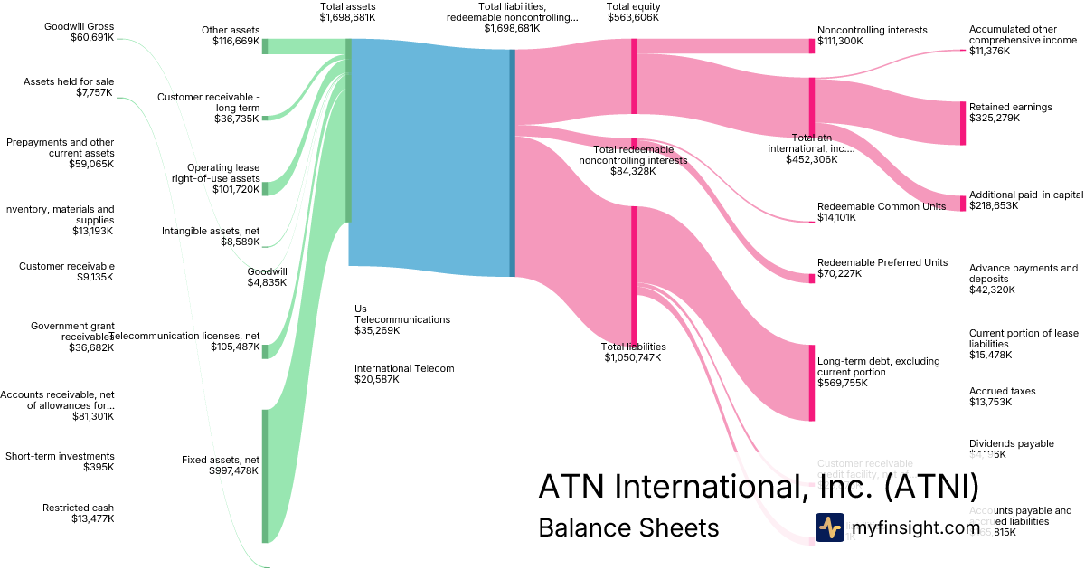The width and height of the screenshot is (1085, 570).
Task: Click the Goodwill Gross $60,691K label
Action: point(80,33)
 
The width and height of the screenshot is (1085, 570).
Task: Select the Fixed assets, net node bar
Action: point(265,476)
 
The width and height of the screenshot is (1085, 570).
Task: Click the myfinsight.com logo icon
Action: point(829,527)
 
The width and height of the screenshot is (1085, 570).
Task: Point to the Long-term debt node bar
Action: point(812,383)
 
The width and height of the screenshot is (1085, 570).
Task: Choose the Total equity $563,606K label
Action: point(633,12)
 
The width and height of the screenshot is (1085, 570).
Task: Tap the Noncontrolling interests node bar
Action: point(812,46)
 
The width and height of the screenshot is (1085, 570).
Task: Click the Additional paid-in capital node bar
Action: point(962,203)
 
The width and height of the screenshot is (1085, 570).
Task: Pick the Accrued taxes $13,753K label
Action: point(1002,396)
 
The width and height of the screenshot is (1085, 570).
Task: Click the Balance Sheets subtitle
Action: point(628,527)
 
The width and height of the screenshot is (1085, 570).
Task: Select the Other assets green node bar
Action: point(265,46)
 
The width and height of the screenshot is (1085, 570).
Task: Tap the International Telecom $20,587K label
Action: point(403,374)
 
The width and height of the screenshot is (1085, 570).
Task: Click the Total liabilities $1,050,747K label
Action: point(633,352)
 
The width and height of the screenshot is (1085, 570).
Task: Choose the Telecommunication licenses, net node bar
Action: point(265,351)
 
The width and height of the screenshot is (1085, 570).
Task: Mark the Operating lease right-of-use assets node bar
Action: point(265,188)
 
